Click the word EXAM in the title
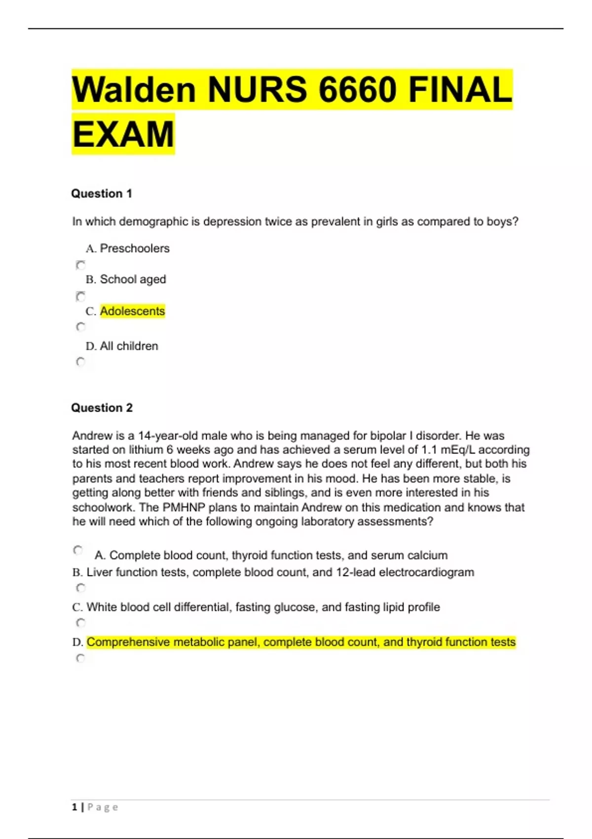click(123, 134)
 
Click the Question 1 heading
click(102, 193)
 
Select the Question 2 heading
click(102, 408)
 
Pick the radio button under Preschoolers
click(81, 265)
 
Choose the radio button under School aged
click(81, 296)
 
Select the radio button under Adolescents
click(81, 327)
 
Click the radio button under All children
click(81, 362)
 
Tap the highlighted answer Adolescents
click(132, 311)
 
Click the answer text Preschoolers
click(135, 248)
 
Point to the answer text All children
click(129, 346)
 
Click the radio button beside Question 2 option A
click(78, 550)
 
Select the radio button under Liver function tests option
click(81, 587)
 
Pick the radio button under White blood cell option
click(81, 622)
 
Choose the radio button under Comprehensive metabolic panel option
click(81, 658)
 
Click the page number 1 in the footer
click(74, 807)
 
